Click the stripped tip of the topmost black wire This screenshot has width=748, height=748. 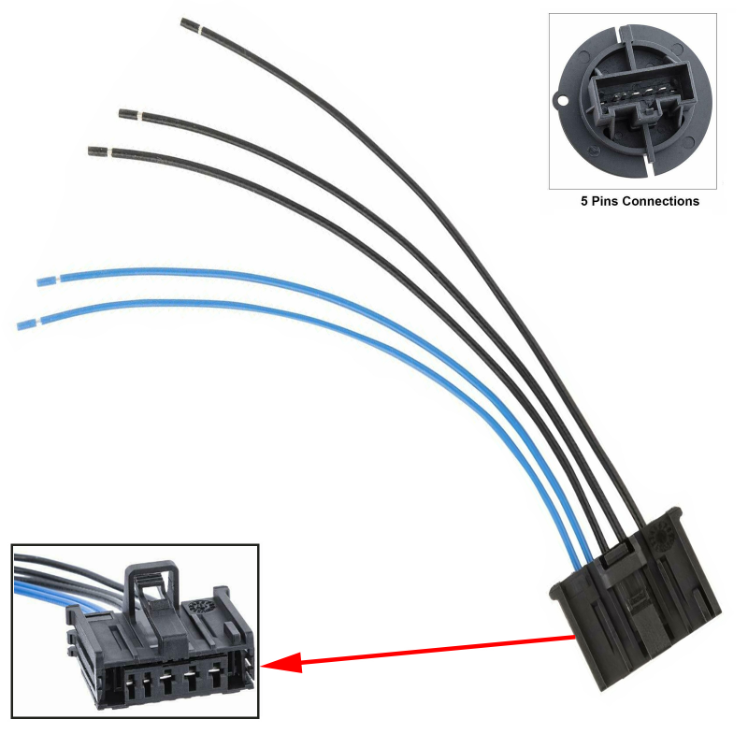[x=191, y=26]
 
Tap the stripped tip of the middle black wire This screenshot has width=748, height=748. [x=129, y=114]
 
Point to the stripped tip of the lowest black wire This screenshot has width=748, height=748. [x=99, y=151]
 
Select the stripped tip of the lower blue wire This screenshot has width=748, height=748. [x=27, y=324]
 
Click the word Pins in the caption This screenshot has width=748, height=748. [x=605, y=201]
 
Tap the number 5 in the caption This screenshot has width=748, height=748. [x=583, y=201]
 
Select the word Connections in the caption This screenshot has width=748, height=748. [x=661, y=201]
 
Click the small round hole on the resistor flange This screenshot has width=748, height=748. [x=564, y=101]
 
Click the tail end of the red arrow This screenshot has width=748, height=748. [x=574, y=638]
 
